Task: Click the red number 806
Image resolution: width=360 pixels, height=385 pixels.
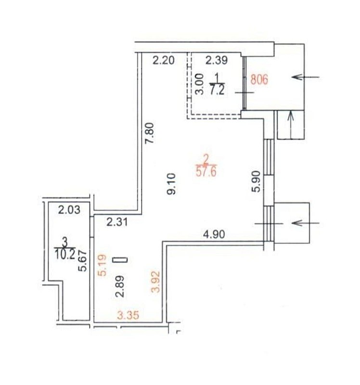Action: (x=259, y=79)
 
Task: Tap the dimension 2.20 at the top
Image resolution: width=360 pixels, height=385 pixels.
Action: (x=164, y=60)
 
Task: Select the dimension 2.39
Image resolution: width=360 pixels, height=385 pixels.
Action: (x=217, y=60)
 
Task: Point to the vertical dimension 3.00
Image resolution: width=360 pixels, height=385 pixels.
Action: (x=199, y=84)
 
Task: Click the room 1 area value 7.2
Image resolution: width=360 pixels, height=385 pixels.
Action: (x=217, y=90)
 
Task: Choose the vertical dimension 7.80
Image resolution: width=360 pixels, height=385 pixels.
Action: (x=149, y=133)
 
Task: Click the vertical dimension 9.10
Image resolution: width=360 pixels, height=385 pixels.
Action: (x=171, y=184)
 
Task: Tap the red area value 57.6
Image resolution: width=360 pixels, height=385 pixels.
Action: (x=206, y=171)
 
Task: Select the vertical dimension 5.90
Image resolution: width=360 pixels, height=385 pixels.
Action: (x=256, y=181)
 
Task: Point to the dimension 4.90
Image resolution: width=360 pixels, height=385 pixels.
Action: (x=214, y=234)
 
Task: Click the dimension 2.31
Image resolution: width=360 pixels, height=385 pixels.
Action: (x=117, y=222)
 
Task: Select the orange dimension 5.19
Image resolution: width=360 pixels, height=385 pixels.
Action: (x=102, y=265)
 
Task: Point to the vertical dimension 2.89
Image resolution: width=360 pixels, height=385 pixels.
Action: (x=121, y=286)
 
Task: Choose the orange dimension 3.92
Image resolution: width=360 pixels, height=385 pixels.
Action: (x=156, y=282)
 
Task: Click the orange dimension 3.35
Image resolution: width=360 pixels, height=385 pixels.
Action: (x=128, y=315)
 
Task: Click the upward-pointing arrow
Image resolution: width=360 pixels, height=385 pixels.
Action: (x=291, y=125)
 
